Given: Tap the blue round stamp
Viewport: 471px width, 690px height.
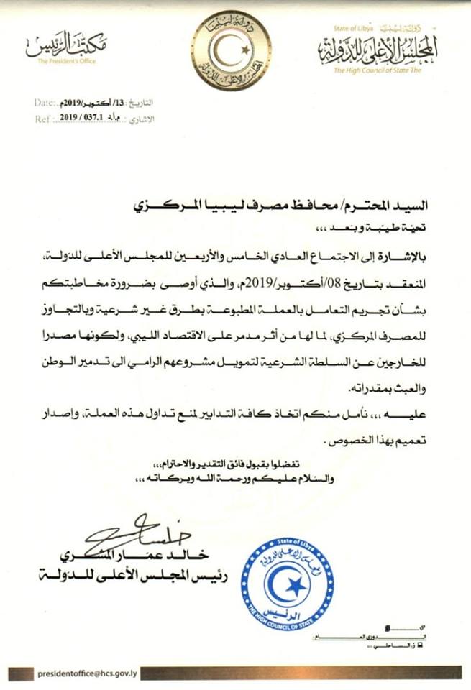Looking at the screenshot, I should [287, 582].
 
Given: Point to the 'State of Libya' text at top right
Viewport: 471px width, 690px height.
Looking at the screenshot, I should [350, 29].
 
